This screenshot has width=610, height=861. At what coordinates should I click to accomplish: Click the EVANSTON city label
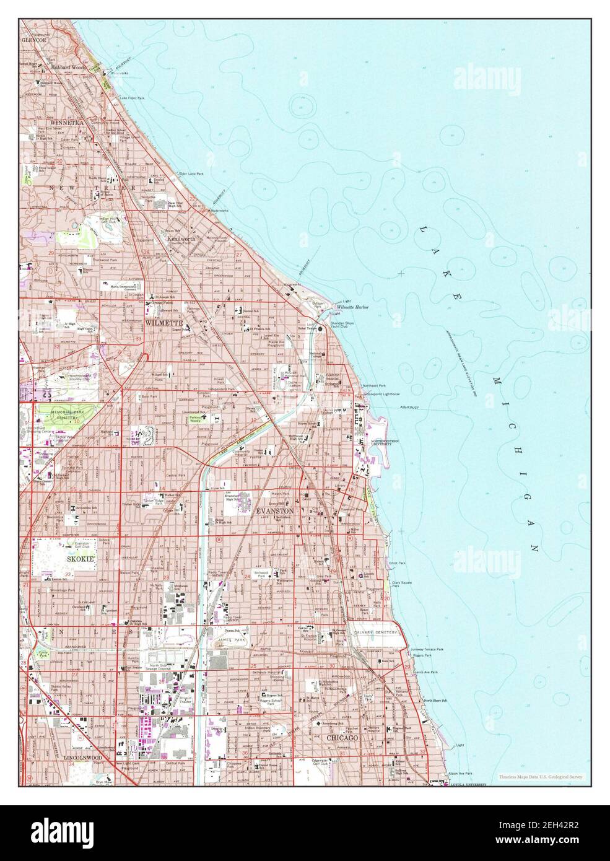coord(275,511)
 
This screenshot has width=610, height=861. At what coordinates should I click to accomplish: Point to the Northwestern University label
coord(385,442)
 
